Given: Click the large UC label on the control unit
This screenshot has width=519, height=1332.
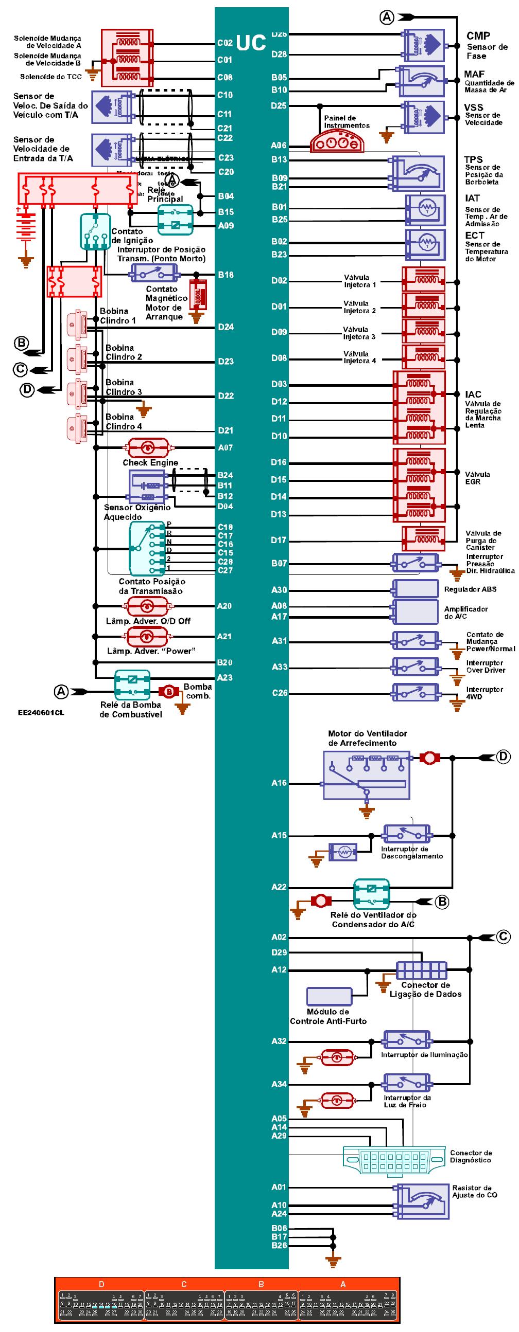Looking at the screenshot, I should click(x=251, y=43).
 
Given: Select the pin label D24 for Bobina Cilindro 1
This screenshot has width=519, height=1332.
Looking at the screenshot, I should click(x=226, y=327).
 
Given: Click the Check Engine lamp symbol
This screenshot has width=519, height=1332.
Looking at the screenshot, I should click(x=148, y=447).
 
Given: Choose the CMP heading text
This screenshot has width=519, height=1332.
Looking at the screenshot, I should click(x=478, y=35).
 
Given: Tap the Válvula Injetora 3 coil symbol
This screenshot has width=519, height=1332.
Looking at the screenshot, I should click(x=424, y=331).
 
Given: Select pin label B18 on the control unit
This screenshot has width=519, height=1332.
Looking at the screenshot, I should click(x=226, y=275).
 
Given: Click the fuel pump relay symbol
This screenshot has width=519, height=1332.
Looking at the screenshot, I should click(x=132, y=685).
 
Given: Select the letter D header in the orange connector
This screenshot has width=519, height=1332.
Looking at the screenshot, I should click(x=101, y=1284).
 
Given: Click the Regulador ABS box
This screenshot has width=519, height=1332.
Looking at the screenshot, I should click(x=416, y=589).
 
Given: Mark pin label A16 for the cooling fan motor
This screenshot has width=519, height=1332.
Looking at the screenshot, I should click(x=279, y=783).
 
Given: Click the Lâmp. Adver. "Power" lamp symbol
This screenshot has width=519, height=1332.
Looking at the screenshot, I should click(x=148, y=636).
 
